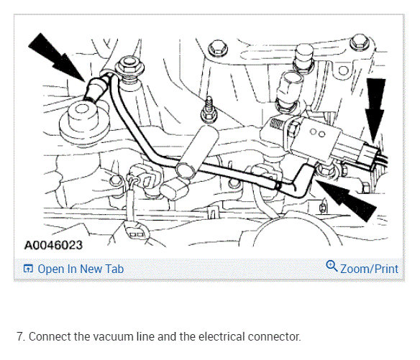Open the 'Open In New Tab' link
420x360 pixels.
[81, 269]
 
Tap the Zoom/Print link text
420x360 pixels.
[369, 269]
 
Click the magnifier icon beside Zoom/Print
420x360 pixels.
[332, 267]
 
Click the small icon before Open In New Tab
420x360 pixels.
[28, 269]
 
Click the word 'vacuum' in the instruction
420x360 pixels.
[112, 336]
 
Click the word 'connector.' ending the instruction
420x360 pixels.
[274, 336]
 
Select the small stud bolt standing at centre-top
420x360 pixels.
[209, 106]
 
